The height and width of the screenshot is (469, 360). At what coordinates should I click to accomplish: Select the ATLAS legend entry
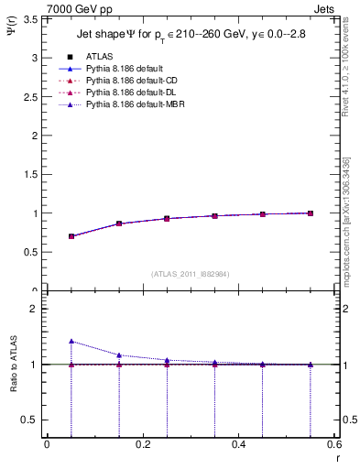98,56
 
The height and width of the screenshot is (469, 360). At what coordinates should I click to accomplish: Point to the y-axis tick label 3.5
31,18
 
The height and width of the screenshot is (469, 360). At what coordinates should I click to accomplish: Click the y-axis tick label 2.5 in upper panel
31,96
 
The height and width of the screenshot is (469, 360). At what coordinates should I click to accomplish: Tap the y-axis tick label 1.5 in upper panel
31,174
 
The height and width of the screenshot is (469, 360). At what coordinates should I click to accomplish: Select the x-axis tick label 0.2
142,443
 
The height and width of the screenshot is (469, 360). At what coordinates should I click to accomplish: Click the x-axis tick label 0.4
238,443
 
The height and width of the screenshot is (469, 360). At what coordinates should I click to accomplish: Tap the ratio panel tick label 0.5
31,420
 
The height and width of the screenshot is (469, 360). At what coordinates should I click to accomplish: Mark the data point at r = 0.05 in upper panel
71,236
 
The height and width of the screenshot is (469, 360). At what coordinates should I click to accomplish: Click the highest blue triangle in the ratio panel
71,341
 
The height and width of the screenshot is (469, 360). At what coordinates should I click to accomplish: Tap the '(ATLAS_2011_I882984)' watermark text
191,274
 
